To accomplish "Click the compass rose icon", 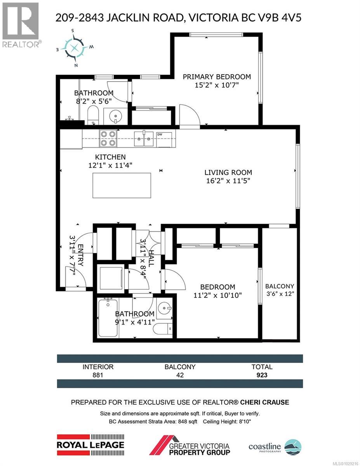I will click(75, 48).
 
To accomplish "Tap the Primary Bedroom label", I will click(217, 77).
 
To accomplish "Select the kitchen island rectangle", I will click(122, 186).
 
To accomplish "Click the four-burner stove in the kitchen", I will click(108, 138).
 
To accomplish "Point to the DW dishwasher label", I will click(160, 134).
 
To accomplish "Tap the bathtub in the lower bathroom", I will click(108, 318).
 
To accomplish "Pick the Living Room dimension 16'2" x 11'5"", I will click(228, 180).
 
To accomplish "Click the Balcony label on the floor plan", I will click(279, 286).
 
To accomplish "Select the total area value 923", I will click(262, 375).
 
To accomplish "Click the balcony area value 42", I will click(180, 375).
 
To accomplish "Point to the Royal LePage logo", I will click(90, 444).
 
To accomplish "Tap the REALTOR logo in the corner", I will click(20, 25).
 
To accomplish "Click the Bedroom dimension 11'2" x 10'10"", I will click(217, 295).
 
